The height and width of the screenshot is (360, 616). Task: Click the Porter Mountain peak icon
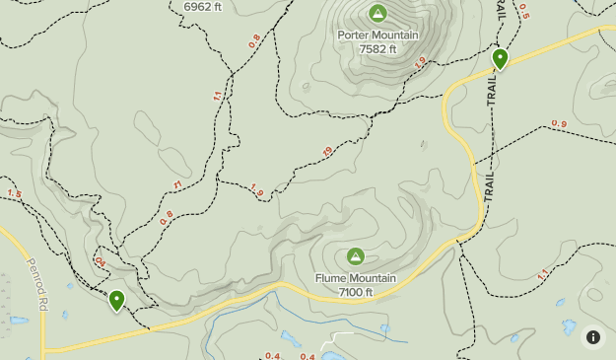click(x=377, y=13)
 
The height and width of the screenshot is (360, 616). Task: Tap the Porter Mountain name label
click(x=377, y=36)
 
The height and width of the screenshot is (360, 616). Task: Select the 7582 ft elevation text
click(x=377, y=49)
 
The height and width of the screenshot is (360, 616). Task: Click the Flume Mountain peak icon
click(x=355, y=256)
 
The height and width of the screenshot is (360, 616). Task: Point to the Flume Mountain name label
click(x=355, y=278)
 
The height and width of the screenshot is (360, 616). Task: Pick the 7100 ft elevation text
click(x=355, y=292)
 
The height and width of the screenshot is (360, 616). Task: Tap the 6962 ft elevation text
click(x=203, y=6)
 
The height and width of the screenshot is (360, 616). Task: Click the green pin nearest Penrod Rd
click(x=117, y=300)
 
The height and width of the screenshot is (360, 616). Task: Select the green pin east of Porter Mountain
click(x=500, y=59)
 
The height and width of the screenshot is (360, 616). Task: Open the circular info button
click(x=593, y=337)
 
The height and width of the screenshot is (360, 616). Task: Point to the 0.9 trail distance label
click(x=559, y=123)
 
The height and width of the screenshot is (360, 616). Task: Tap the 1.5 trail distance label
click(x=14, y=193)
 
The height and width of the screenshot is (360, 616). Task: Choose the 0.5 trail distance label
click(x=523, y=11)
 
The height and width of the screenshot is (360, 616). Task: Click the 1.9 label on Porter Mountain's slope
click(x=421, y=61)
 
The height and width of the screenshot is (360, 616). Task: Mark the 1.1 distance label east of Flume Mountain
click(x=541, y=275)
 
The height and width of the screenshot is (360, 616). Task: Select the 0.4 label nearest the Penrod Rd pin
click(x=100, y=262)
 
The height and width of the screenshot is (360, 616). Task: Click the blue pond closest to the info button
click(x=569, y=326)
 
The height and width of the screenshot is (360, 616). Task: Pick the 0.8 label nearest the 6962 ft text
click(x=255, y=40)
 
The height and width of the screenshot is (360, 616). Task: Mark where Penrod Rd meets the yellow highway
click(x=43, y=350)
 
